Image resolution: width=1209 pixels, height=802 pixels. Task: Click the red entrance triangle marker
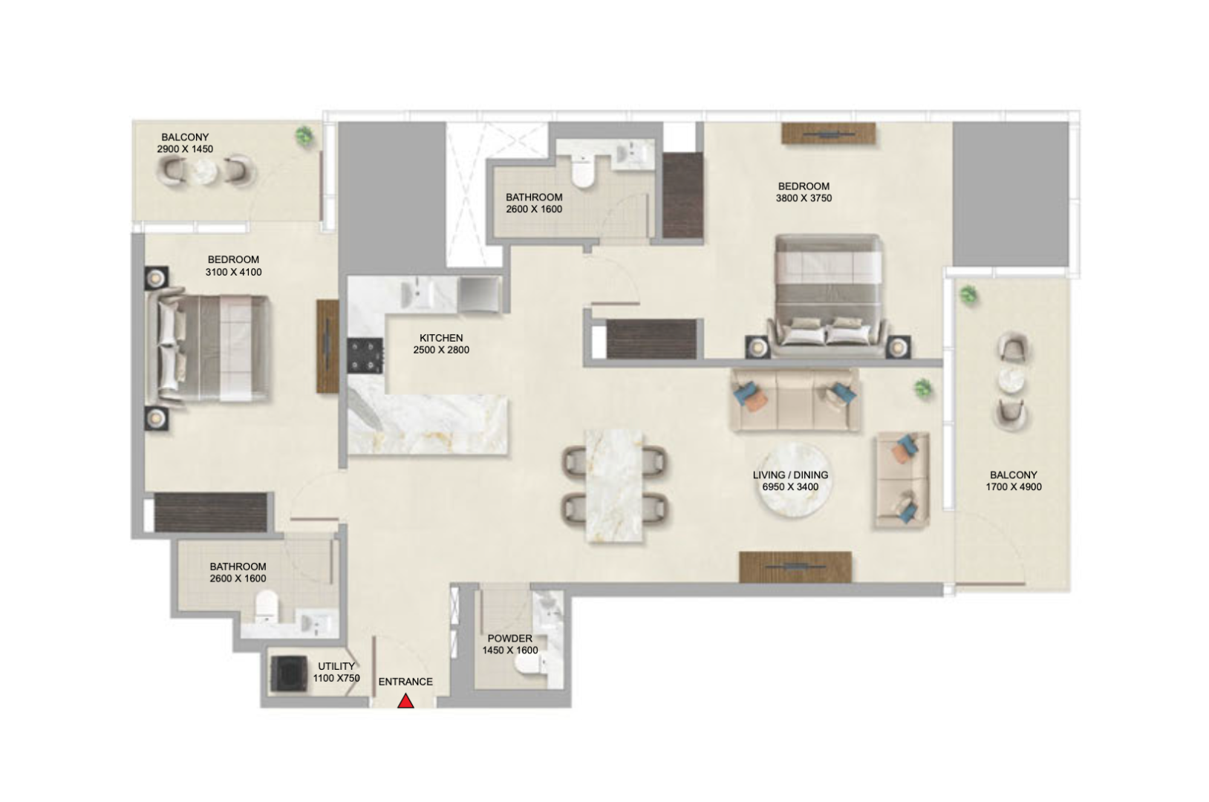point(405,701)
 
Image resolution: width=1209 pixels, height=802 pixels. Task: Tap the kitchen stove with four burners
point(365,356)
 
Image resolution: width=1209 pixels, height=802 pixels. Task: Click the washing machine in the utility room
point(289,673)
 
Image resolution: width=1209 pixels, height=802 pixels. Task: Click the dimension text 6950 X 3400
point(790,487)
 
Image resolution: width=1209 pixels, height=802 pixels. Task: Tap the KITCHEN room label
point(441,338)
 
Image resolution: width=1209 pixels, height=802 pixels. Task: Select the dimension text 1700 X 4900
point(1014,487)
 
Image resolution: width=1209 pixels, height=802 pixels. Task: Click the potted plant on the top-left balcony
point(304,135)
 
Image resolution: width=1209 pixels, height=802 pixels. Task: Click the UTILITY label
point(336,666)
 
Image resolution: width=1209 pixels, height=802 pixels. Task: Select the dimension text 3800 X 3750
point(804,198)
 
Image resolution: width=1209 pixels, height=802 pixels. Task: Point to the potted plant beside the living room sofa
point(923,388)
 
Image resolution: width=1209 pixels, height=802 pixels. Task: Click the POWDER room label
point(509,639)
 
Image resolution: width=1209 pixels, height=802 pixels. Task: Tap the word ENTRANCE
point(405,682)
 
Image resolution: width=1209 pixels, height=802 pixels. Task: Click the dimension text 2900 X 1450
point(185,149)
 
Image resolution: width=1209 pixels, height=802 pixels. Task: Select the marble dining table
point(614,486)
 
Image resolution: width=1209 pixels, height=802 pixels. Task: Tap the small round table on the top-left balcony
point(205,172)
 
